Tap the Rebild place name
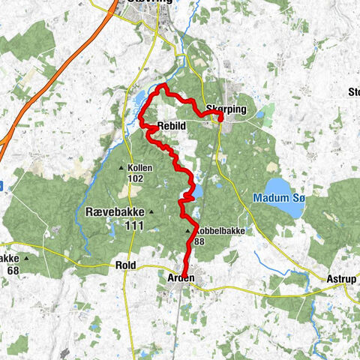pos(172,125)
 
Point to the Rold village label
pos(124,265)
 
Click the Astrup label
pos(342,278)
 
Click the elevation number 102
pos(135,178)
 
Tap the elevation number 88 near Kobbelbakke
pos(199,242)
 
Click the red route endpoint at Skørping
pos(220,117)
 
